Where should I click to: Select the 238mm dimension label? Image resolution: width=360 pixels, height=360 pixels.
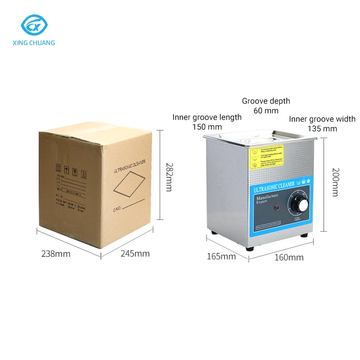[x=56, y=254]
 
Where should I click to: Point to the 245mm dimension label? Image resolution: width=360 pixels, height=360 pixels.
[x=135, y=254]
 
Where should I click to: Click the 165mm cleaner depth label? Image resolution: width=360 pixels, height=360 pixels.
[x=221, y=257]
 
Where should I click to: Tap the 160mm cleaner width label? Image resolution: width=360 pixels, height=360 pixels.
[x=289, y=258]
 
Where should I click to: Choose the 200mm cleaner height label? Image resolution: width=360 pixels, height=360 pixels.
[x=335, y=182]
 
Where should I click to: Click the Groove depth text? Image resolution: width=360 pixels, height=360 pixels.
[x=266, y=101]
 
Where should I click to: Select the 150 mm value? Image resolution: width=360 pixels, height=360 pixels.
[x=207, y=127]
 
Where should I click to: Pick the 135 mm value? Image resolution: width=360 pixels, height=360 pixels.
[x=322, y=129]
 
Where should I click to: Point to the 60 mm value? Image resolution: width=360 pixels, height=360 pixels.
[x=266, y=111]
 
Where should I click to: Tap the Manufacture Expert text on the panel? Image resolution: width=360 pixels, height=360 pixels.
[x=267, y=199]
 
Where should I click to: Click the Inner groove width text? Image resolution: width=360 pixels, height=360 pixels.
[x=322, y=119]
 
